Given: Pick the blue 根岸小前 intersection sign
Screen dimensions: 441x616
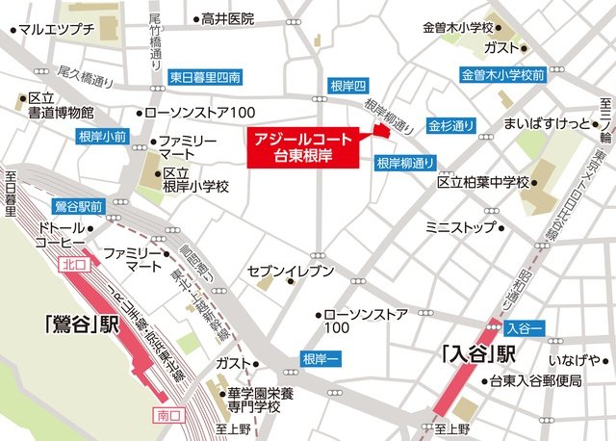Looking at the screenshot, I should [x=101, y=138].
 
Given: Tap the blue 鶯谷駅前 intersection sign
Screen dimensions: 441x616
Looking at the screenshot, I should [x=78, y=206].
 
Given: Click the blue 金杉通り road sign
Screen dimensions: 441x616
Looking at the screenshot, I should [x=451, y=126].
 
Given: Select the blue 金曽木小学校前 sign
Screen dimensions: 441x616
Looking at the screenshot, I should [x=501, y=74].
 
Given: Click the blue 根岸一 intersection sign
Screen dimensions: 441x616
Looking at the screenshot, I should [x=320, y=357].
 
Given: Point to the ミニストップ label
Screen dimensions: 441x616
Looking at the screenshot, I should [x=460, y=227].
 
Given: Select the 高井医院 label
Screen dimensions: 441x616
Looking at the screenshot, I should [x=227, y=18].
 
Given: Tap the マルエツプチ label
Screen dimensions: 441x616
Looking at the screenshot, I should [x=56, y=30].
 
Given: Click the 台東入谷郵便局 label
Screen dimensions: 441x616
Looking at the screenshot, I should [x=534, y=381].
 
